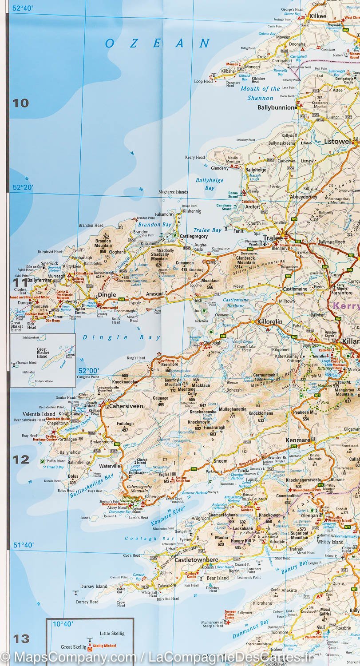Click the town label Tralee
tap(273, 238)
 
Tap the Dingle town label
tap(107, 294)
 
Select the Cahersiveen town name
tap(126, 406)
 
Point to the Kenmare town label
tap(298, 440)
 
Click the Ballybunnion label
tap(276, 107)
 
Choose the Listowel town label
tap(337, 142)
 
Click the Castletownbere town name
tap(196, 560)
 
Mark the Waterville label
tap(110, 466)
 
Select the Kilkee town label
tap(317, 16)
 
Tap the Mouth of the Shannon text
tap(260, 93)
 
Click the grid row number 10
tap(20, 103)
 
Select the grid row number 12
tap(20, 460)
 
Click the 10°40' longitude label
tap(63, 623)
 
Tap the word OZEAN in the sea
tap(158, 43)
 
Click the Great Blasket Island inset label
tap(42, 353)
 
